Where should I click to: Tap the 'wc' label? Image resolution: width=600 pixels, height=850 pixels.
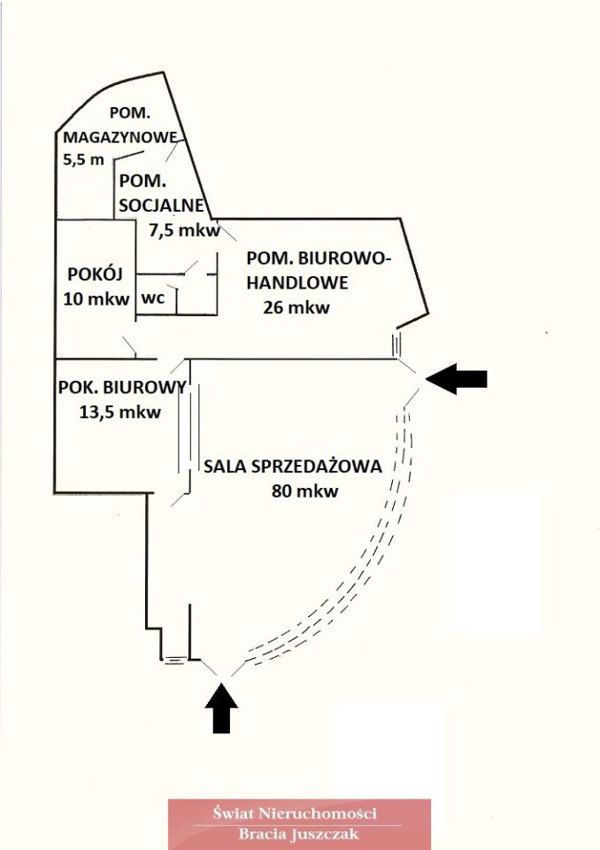153,298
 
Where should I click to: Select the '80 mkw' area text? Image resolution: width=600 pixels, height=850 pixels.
305,492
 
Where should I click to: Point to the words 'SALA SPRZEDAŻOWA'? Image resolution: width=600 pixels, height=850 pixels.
292,467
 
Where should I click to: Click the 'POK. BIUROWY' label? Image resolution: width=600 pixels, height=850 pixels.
121,387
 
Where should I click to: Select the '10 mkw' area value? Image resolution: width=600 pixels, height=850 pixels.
96,298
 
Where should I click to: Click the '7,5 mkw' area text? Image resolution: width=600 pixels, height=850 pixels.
183,230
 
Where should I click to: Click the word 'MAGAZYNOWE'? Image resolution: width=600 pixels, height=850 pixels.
119,137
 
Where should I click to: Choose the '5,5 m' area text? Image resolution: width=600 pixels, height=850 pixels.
84,160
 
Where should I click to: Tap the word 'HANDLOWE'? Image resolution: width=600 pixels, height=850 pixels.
296,283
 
